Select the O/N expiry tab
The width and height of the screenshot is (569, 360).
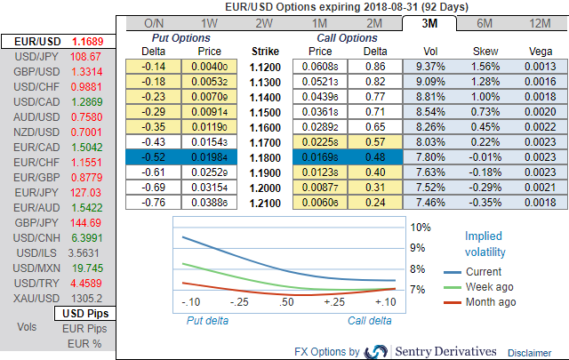tap(153, 23)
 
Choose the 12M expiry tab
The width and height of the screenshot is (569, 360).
tap(538, 23)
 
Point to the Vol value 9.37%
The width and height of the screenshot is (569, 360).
tap(430, 67)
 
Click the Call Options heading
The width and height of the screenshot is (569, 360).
tap(347, 38)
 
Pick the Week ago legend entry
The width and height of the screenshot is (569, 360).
tap(488, 286)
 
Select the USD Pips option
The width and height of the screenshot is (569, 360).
tap(84, 314)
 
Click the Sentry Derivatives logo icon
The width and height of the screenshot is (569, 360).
tap(376, 350)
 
